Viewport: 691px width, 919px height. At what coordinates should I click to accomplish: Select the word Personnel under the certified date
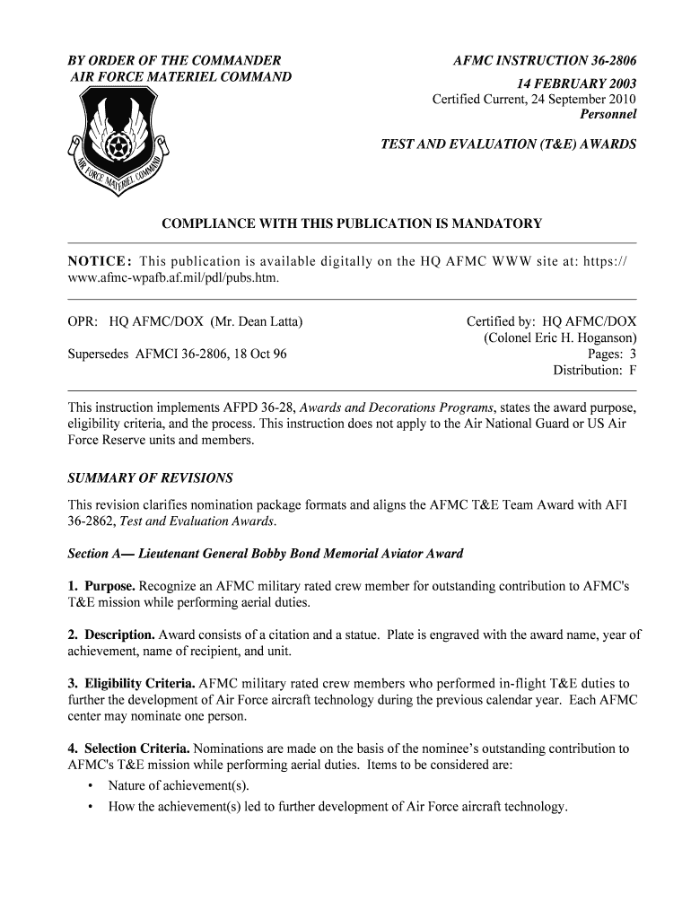tap(608, 115)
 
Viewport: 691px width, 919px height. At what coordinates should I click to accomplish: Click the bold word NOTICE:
tap(100, 261)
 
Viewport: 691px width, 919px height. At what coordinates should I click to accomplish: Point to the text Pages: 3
tap(612, 354)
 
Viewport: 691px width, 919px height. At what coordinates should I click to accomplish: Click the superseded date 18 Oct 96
tap(258, 354)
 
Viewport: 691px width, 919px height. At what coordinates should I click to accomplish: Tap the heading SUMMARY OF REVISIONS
tap(150, 477)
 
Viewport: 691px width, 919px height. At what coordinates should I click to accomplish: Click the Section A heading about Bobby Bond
tap(266, 553)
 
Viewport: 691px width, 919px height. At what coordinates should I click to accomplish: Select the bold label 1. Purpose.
tap(102, 586)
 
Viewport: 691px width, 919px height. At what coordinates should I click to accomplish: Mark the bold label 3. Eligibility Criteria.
tap(132, 684)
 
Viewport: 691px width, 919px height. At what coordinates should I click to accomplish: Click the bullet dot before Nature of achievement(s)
tap(92, 786)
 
